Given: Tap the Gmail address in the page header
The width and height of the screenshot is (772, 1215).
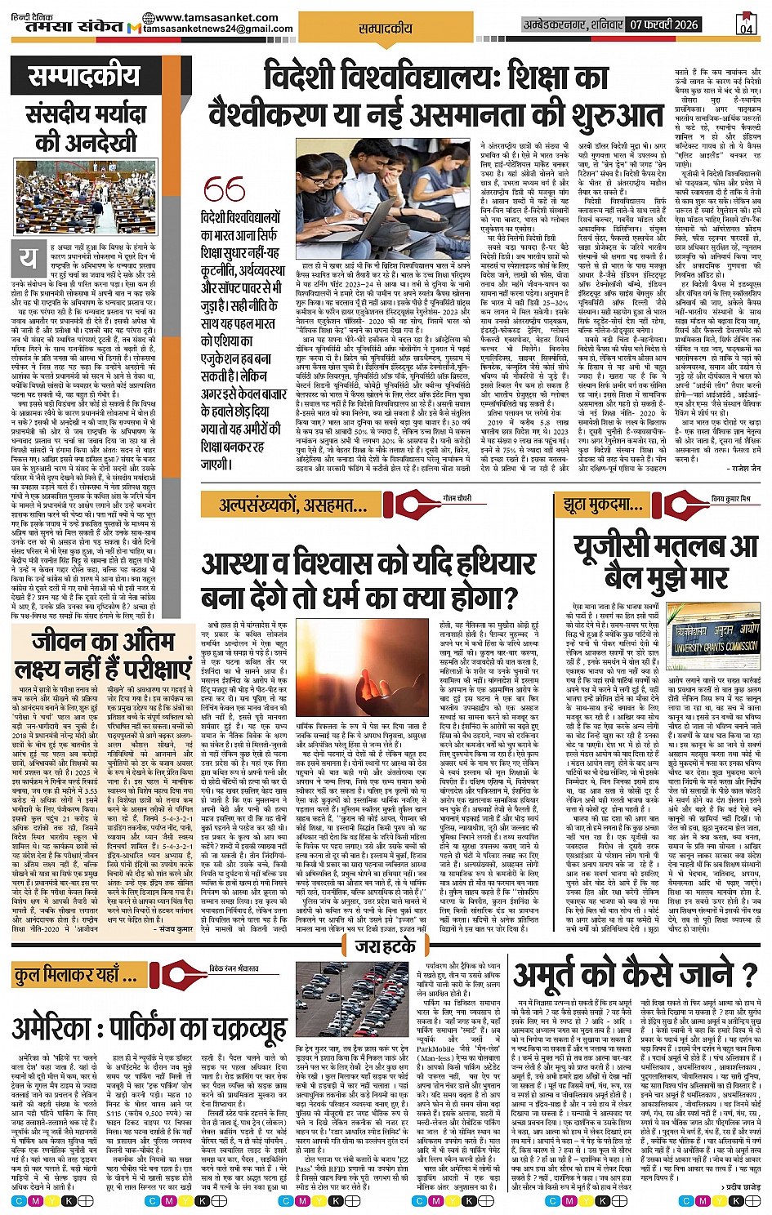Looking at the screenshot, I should [x=218, y=29].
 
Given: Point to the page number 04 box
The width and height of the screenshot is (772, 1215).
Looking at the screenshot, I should [x=746, y=24].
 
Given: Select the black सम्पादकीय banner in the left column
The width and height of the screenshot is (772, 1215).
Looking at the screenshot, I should [x=85, y=78].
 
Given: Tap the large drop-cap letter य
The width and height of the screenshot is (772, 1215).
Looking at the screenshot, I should [x=29, y=258].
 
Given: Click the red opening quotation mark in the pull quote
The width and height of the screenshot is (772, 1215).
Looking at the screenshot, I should [x=224, y=189].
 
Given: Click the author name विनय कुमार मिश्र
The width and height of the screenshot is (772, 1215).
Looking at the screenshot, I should [x=730, y=498].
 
